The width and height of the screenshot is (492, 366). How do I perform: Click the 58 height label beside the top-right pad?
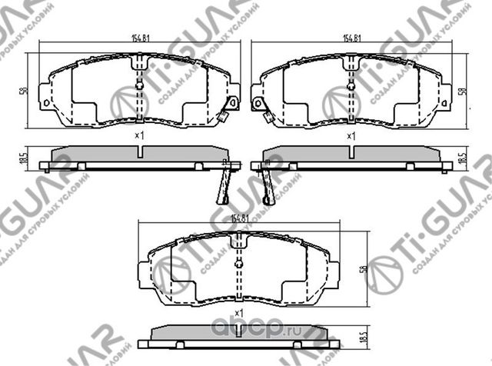[x=462, y=90]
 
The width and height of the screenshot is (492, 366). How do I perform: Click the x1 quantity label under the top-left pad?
[x=139, y=136]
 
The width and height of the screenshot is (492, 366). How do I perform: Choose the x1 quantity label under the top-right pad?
[x=352, y=136]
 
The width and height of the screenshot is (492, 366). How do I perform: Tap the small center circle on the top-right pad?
[x=351, y=85]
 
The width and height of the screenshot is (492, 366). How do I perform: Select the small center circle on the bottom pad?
[x=239, y=265]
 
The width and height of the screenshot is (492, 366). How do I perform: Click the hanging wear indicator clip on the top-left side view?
[x=224, y=181]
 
